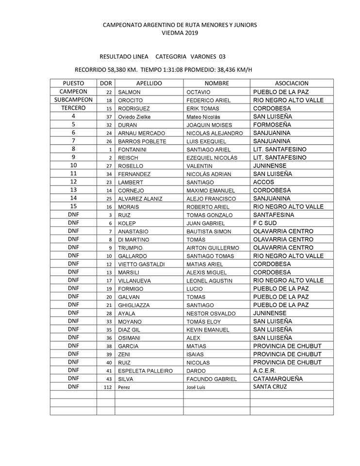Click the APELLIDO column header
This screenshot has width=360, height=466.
click(x=148, y=83)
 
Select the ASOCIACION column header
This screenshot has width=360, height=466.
click(x=292, y=83)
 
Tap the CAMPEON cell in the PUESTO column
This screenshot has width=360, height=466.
click(x=73, y=92)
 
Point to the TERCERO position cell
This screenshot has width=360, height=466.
click(x=73, y=108)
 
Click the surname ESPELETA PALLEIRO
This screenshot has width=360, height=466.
click(x=146, y=370)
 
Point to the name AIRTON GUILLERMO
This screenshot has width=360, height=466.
click(x=212, y=248)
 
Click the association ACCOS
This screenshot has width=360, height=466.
click(x=264, y=182)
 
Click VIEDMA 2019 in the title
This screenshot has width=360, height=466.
click(x=180, y=33)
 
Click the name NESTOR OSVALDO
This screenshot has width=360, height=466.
click(x=210, y=313)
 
